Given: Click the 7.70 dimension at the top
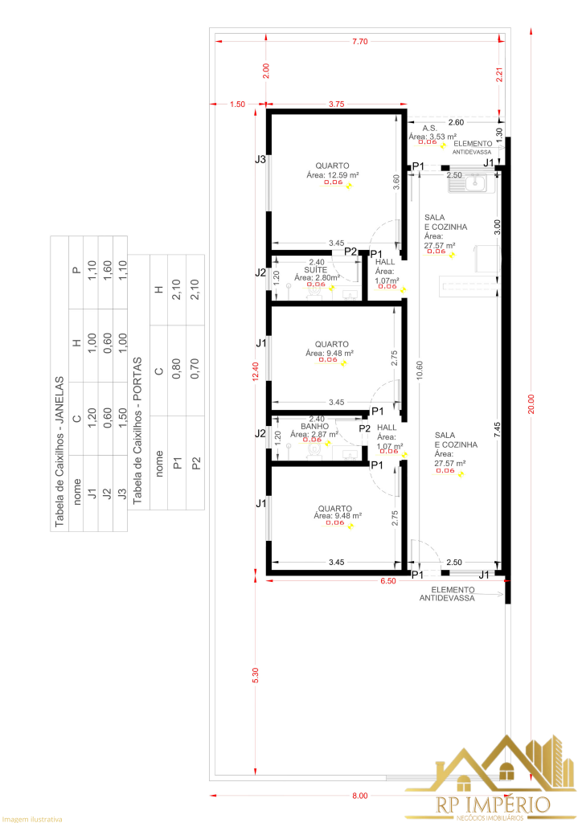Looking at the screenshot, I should pyautogui.click(x=359, y=41).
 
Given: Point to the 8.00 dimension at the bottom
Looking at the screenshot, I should pyautogui.click(x=359, y=796).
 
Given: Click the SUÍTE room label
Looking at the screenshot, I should pyautogui.click(x=315, y=270).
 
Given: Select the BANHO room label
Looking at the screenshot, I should pyautogui.click(x=314, y=427).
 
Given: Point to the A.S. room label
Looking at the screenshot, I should pyautogui.click(x=430, y=129).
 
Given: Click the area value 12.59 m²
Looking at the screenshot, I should pyautogui.click(x=333, y=174).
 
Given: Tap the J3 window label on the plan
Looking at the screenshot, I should pyautogui.click(x=260, y=160).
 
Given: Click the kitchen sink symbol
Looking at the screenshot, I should pyautogui.click(x=469, y=186).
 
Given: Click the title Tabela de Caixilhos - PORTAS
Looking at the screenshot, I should pyautogui.click(x=137, y=431).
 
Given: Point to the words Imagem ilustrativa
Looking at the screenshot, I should pyautogui.click(x=32, y=819).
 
